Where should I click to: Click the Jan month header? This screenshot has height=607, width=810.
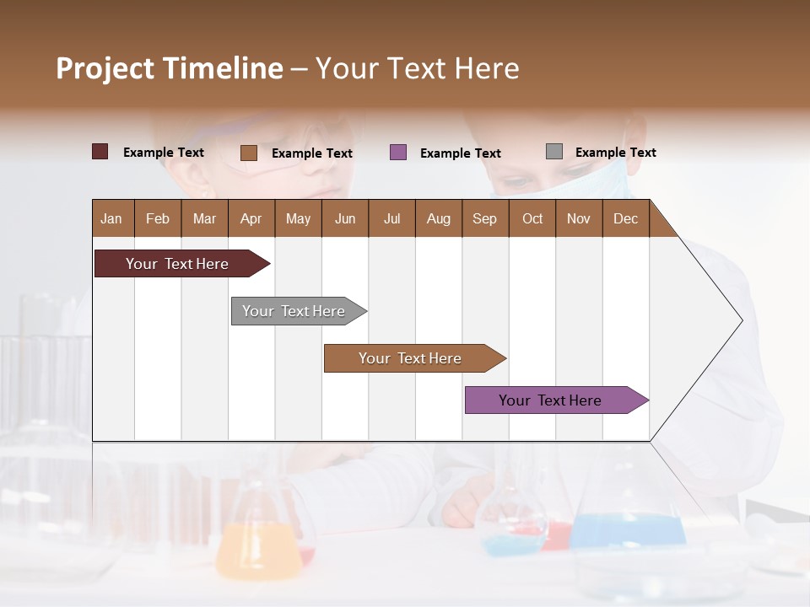pyautogui.click(x=111, y=218)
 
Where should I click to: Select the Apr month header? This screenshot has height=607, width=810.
pyautogui.click(x=251, y=218)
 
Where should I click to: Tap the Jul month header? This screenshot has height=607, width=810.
pyautogui.click(x=391, y=218)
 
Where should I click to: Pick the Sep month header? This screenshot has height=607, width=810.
pyautogui.click(x=484, y=218)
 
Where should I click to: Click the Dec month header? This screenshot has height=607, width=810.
pyautogui.click(x=625, y=218)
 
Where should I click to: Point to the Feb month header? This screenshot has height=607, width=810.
pyautogui.click(x=158, y=218)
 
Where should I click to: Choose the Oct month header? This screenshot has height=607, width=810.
pyautogui.click(x=532, y=218)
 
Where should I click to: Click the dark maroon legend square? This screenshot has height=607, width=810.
pyautogui.click(x=100, y=152)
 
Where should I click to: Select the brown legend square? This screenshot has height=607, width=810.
pyautogui.click(x=248, y=153)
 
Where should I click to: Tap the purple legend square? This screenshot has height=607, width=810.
pyautogui.click(x=398, y=153)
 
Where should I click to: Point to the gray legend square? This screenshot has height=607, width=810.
pyautogui.click(x=553, y=152)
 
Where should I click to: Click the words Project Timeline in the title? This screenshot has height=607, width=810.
pyautogui.click(x=170, y=68)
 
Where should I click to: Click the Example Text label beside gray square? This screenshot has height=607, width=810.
pyautogui.click(x=615, y=153)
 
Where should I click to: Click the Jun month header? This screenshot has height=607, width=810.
pyautogui.click(x=345, y=218)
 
